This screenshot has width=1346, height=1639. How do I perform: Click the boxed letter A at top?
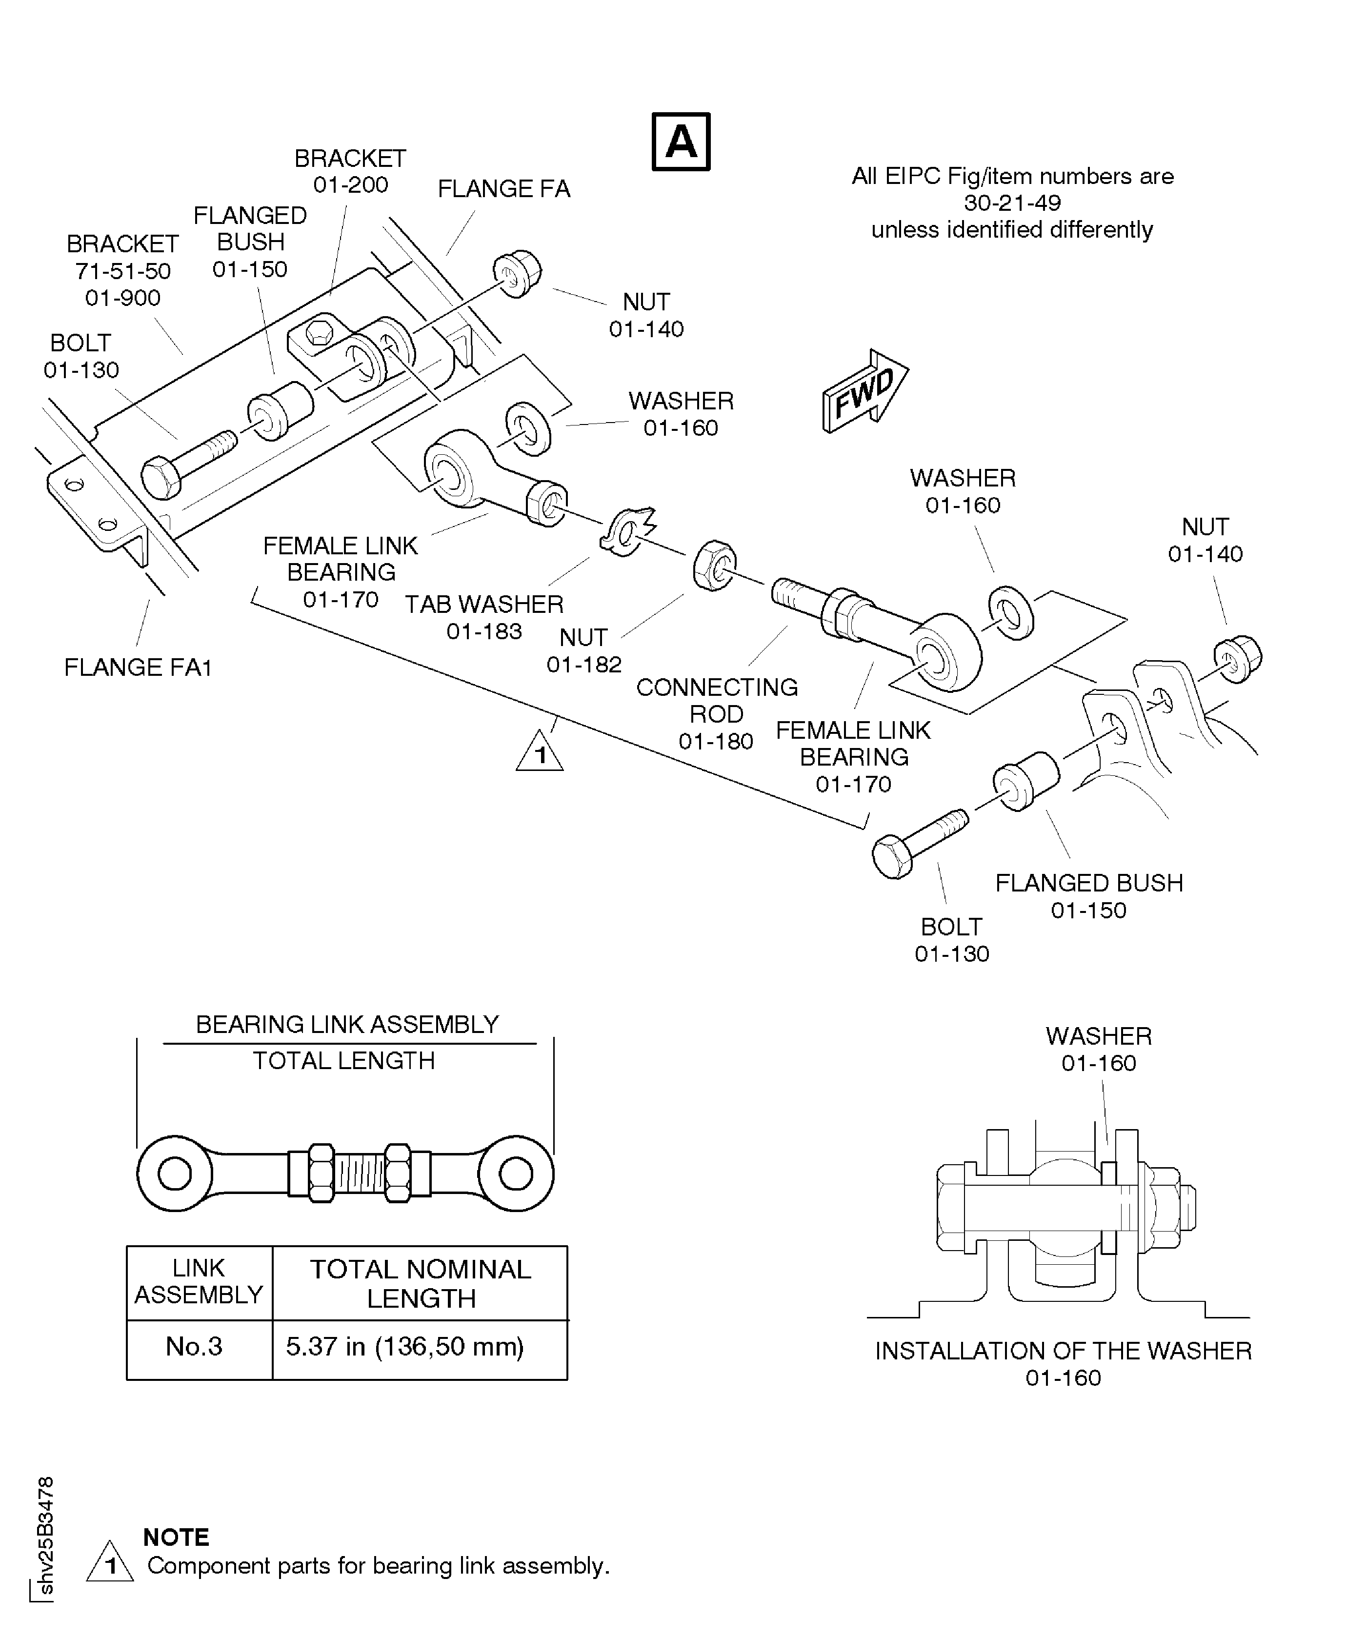tap(681, 142)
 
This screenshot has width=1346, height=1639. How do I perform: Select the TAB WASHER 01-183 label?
tap(484, 617)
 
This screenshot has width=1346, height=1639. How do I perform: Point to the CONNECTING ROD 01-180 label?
tap(716, 713)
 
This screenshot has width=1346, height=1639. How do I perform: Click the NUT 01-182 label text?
tap(584, 650)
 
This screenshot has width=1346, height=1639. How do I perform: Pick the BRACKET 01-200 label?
tap(350, 171)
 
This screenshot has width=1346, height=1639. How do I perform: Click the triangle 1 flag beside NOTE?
tap(110, 1563)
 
